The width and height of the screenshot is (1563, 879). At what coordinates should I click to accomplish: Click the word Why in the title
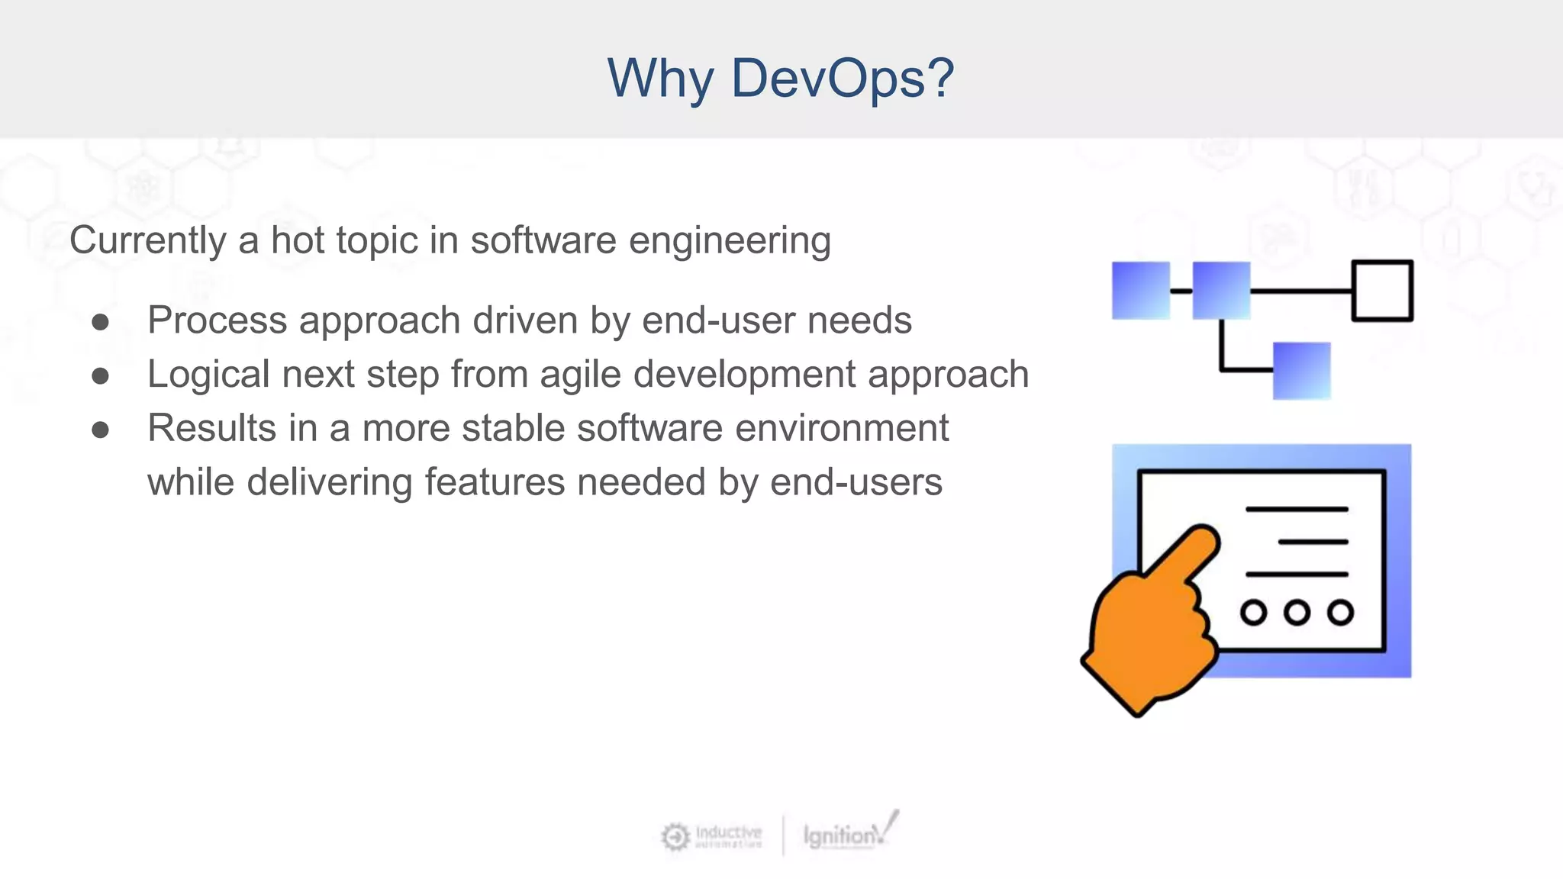[x=661, y=79]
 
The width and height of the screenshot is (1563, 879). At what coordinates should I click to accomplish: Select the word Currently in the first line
[x=148, y=241]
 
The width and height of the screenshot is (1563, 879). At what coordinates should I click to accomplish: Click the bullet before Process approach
[x=100, y=322]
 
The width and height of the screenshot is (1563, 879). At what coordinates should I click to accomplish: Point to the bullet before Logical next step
[x=100, y=376]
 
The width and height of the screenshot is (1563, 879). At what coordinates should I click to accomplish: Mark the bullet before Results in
[x=100, y=430]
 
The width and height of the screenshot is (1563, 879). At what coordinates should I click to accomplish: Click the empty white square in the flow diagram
[x=1382, y=291]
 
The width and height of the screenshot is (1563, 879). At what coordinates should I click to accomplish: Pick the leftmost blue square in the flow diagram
[x=1141, y=290]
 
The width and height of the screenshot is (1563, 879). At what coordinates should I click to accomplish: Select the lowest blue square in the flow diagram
[x=1301, y=371]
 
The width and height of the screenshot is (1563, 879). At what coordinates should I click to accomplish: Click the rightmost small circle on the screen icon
[x=1340, y=612]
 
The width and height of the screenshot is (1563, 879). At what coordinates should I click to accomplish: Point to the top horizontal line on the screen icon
[x=1297, y=509]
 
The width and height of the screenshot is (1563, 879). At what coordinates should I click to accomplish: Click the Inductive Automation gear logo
[x=675, y=836]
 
